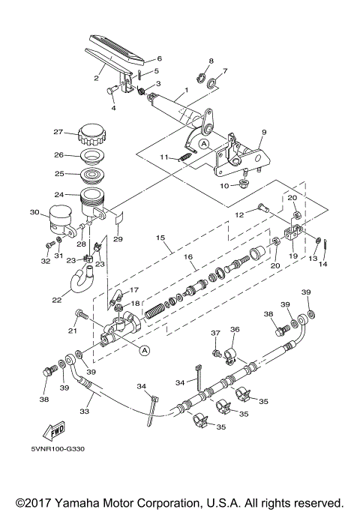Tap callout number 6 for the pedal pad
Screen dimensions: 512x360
(x=158, y=58)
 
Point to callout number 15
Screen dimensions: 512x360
(x=160, y=238)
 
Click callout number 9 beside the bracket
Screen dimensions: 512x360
(x=263, y=133)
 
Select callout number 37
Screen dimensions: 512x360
(x=215, y=334)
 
